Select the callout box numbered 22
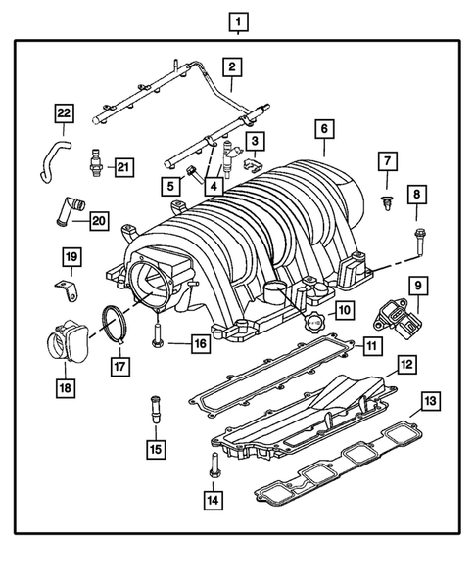(x=64, y=114)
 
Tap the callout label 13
(x=429, y=400)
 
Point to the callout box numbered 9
(x=416, y=286)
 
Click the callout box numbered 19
(x=71, y=258)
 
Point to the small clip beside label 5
(x=193, y=173)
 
